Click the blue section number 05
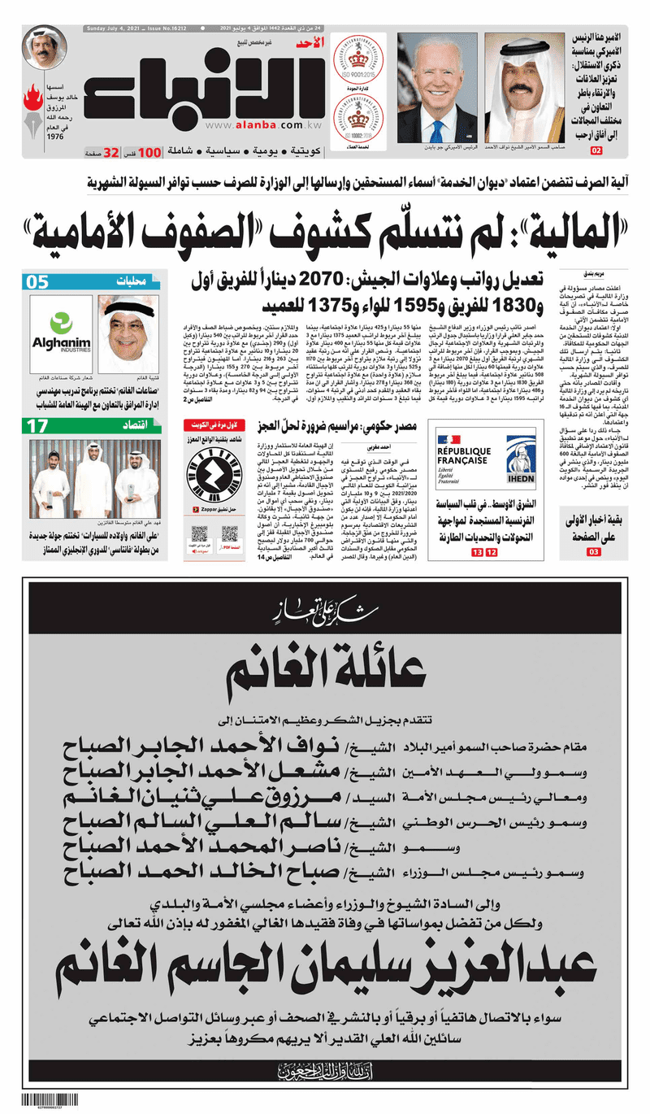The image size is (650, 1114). tap(39, 282)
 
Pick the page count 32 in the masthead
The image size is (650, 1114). tap(111, 151)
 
